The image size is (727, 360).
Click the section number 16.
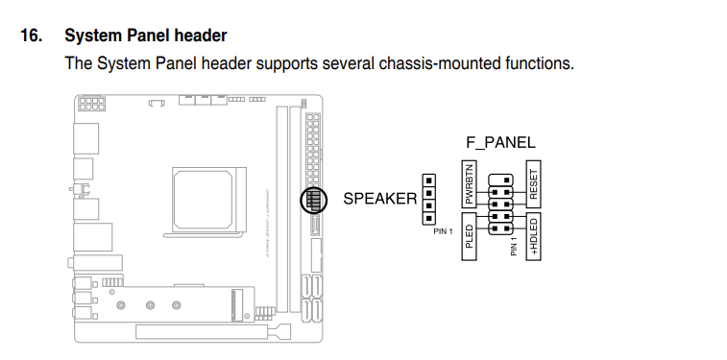[x=31, y=36]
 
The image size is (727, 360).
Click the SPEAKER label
[x=380, y=199]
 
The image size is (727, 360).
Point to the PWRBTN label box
[x=470, y=185]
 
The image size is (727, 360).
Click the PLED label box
[x=470, y=236]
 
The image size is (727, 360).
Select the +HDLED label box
[x=534, y=237]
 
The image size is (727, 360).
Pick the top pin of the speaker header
[x=428, y=180]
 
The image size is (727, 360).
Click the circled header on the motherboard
[x=311, y=200]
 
